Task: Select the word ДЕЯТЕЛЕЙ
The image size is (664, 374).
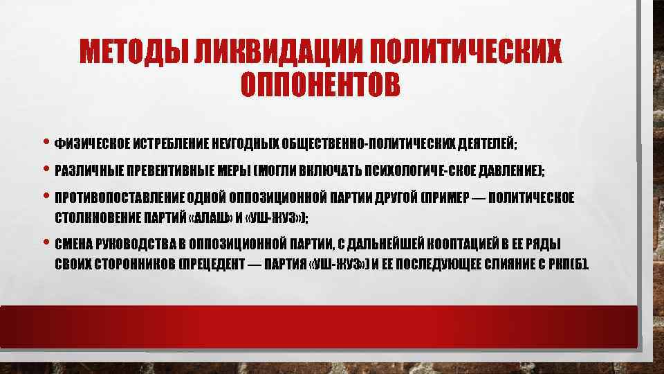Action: click(486, 144)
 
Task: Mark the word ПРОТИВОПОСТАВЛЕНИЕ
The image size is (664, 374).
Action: click(124, 197)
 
